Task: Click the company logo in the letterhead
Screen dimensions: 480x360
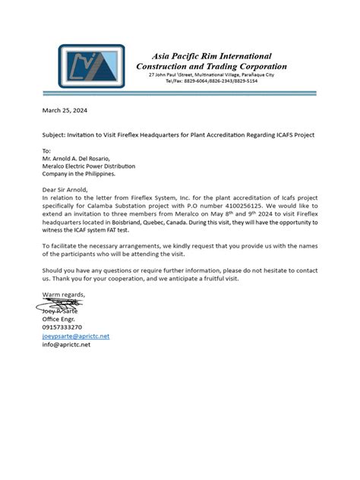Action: click(x=90, y=66)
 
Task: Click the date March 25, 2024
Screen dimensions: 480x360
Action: click(x=65, y=110)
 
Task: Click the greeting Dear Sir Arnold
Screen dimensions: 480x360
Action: click(x=65, y=189)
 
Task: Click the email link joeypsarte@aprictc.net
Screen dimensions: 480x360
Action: click(x=76, y=336)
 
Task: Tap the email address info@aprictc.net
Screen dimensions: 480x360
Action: click(x=66, y=345)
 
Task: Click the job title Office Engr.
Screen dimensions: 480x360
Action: click(x=59, y=319)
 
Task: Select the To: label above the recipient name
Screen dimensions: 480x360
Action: click(x=46, y=150)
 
